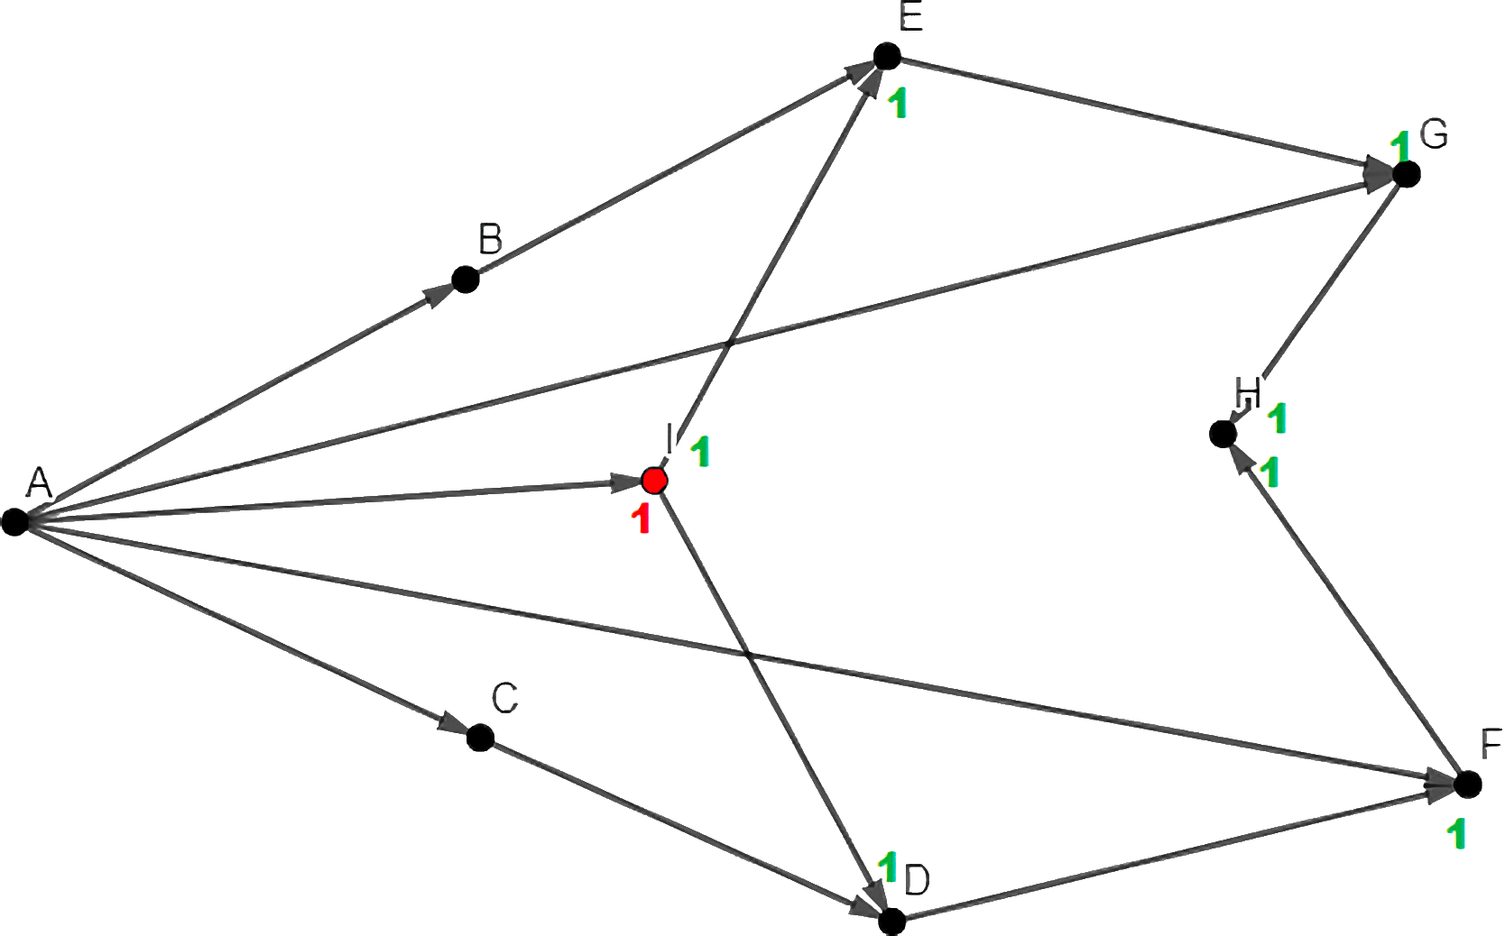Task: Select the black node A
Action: tap(14, 521)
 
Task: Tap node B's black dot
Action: tap(464, 280)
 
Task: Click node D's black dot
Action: tap(891, 921)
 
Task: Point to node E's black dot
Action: tap(887, 56)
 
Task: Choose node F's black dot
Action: tap(1468, 784)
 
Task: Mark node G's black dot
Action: tap(1406, 173)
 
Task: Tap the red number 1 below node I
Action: tap(642, 519)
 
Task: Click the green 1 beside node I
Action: tap(701, 453)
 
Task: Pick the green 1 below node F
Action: tap(1454, 835)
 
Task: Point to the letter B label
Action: tap(490, 242)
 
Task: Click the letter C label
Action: tap(504, 698)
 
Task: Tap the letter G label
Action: tap(1433, 135)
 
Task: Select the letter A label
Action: tap(37, 483)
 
